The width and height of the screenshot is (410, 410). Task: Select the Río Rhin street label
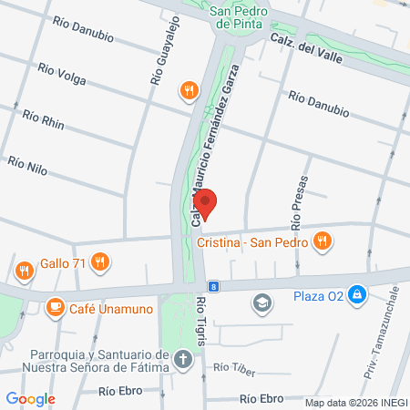coord(43,119)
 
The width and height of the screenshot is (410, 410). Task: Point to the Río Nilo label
coord(26,164)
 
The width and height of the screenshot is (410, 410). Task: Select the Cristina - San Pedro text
coord(251,241)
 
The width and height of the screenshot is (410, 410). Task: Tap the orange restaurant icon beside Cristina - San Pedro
coord(321,241)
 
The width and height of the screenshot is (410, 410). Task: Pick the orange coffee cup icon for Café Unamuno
coord(55,305)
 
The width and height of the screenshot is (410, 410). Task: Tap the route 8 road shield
coord(212,285)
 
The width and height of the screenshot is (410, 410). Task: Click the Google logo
coord(30,398)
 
